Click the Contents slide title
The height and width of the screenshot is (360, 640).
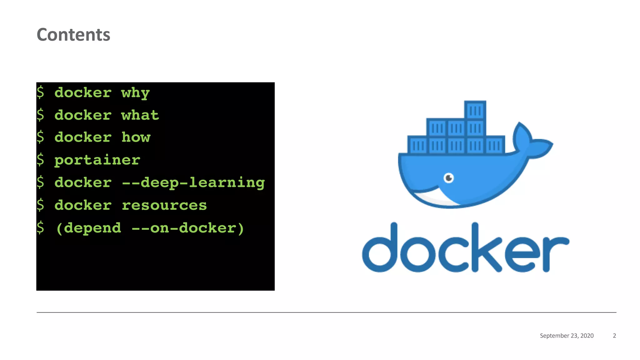click(73, 34)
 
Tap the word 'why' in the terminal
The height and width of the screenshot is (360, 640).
click(135, 93)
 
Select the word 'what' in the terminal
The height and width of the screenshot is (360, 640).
click(140, 115)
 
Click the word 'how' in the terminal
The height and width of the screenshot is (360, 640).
click(136, 137)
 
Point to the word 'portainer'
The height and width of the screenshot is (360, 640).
click(97, 160)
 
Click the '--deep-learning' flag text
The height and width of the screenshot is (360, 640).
click(193, 183)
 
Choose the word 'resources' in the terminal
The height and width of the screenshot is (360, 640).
click(164, 205)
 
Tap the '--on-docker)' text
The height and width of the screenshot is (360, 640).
click(187, 228)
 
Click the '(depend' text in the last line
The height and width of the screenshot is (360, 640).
click(88, 228)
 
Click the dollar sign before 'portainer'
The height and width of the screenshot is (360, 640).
click(40, 160)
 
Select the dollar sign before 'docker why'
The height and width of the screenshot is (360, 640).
click(40, 92)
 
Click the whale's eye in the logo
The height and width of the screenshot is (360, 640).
click(449, 178)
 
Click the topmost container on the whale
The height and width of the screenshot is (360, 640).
click(475, 110)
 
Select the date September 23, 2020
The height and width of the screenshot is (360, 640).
click(567, 336)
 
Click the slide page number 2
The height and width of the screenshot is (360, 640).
click(614, 336)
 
